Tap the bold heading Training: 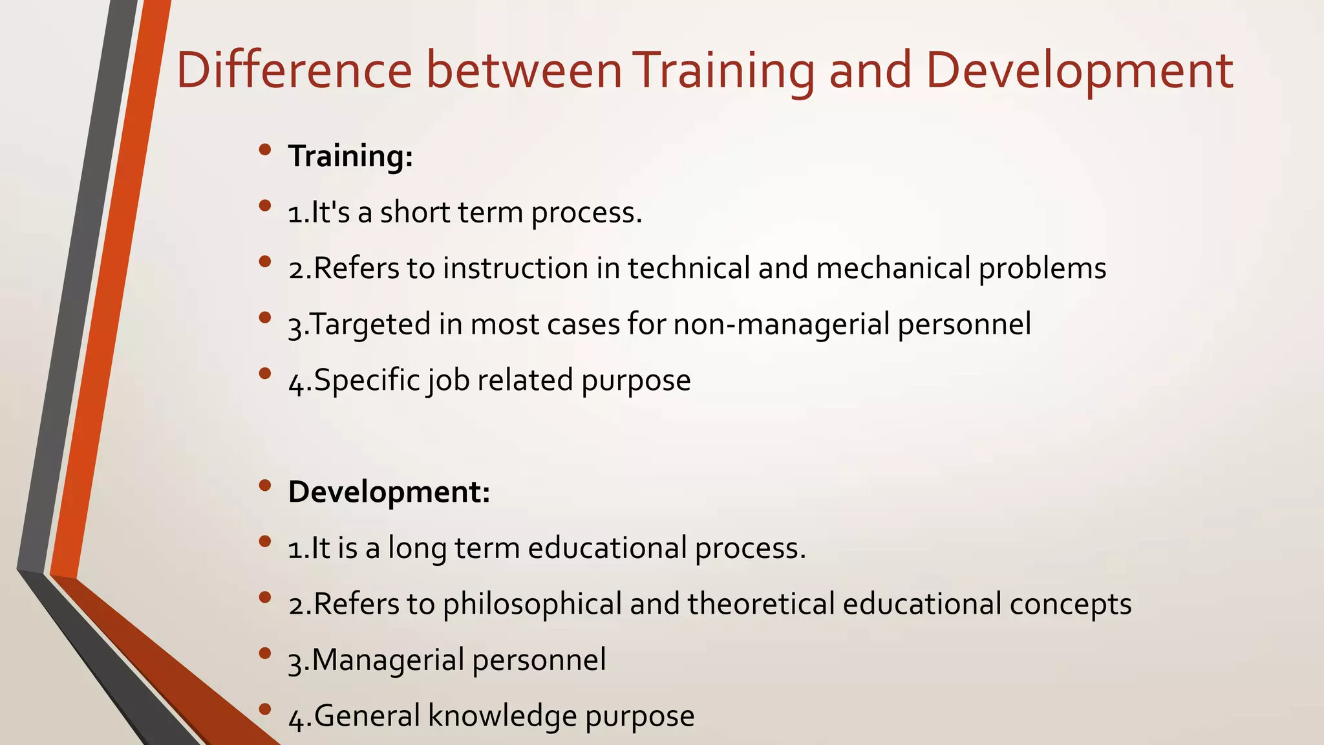coord(350,157)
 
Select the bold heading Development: coord(389,492)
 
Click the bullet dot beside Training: coord(264,150)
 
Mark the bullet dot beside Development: coord(264,486)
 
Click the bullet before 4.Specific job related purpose coord(264,374)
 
